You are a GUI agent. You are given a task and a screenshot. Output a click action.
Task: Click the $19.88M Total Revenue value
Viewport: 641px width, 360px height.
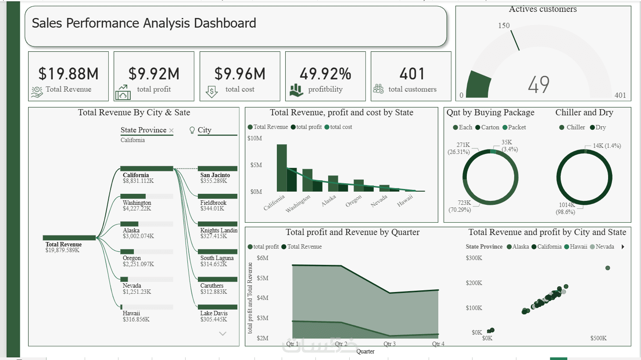click(68, 74)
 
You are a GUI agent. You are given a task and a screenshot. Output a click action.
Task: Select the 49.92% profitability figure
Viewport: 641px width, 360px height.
click(326, 74)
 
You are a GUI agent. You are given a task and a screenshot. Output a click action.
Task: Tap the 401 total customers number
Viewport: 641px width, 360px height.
click(412, 74)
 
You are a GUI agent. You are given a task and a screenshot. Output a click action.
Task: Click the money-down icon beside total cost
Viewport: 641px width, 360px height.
click(211, 92)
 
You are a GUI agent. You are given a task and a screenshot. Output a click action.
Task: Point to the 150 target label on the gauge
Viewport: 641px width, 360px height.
click(504, 25)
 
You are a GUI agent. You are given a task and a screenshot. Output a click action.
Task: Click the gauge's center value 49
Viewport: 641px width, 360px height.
click(539, 84)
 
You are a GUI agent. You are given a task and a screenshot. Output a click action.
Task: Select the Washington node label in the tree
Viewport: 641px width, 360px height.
click(137, 203)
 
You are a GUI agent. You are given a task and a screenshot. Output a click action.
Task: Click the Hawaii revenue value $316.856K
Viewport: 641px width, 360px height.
click(136, 319)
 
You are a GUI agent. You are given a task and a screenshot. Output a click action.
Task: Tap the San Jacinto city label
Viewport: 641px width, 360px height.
click(215, 175)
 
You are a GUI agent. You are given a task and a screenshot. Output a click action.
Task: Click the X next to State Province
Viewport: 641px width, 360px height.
click(172, 130)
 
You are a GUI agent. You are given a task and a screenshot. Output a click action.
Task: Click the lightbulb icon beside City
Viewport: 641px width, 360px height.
click(192, 130)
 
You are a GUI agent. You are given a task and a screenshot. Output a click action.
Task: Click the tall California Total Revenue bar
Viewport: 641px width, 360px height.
click(282, 168)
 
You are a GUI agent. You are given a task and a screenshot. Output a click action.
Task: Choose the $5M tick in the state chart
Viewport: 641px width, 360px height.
click(256, 165)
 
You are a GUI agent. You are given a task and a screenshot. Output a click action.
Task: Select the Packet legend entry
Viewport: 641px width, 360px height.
click(514, 127)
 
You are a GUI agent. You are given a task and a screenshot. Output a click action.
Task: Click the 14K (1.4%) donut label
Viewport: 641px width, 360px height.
click(607, 146)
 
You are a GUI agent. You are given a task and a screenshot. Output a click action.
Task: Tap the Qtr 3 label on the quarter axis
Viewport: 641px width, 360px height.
click(390, 343)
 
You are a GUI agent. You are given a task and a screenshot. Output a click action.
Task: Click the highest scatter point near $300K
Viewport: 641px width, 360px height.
click(608, 268)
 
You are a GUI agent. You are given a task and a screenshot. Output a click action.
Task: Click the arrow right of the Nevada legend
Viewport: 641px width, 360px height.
click(623, 246)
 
